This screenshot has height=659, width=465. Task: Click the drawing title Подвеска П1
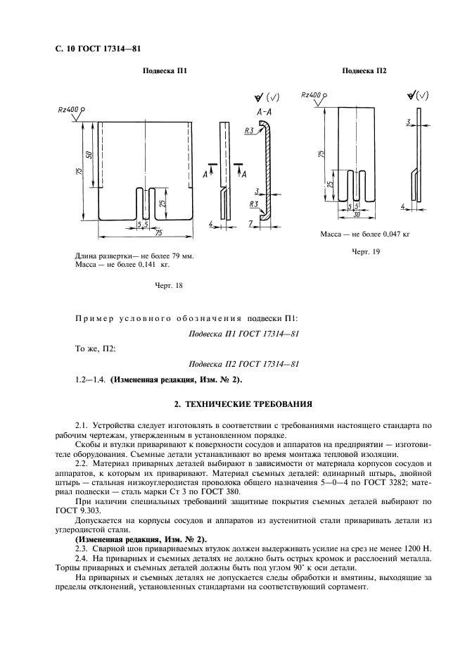(x=165, y=71)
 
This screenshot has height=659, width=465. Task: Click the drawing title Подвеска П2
(x=364, y=71)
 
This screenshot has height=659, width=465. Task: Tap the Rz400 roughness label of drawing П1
(x=68, y=110)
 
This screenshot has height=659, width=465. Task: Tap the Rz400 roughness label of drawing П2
(x=310, y=94)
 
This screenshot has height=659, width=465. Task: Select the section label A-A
(x=265, y=113)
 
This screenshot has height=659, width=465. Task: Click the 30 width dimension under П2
(x=358, y=214)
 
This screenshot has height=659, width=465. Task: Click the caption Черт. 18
(x=168, y=285)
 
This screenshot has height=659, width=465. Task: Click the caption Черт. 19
(x=366, y=252)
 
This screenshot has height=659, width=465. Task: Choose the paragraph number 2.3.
(x=82, y=547)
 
